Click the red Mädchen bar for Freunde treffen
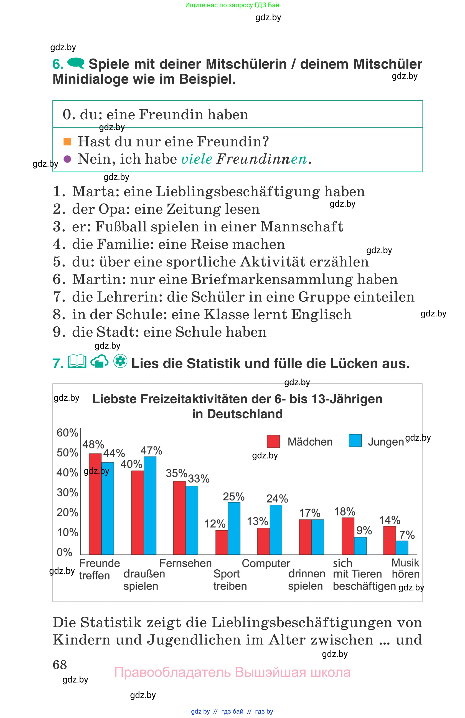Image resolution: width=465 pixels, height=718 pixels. (x=95, y=504)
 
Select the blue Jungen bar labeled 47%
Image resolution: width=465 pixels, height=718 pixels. (x=150, y=505)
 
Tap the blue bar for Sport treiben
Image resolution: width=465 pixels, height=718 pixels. (x=234, y=528)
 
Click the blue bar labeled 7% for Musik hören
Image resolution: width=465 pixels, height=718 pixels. (x=402, y=547)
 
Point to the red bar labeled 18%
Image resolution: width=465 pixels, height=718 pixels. (x=348, y=536)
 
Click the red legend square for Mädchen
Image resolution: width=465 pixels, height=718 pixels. (x=273, y=441)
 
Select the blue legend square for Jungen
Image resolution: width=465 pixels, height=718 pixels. (x=355, y=440)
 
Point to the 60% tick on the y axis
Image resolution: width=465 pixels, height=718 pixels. (x=67, y=433)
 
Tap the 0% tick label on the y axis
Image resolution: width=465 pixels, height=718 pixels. (x=64, y=552)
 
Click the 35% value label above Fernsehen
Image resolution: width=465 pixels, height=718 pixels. (x=176, y=473)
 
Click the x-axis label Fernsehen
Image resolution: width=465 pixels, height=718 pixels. (x=186, y=563)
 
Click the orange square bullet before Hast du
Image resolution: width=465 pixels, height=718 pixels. (x=67, y=141)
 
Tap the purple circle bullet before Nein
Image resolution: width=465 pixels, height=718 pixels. (x=67, y=159)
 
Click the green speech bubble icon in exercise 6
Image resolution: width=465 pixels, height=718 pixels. (x=76, y=63)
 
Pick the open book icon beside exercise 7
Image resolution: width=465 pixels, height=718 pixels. (x=77, y=362)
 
